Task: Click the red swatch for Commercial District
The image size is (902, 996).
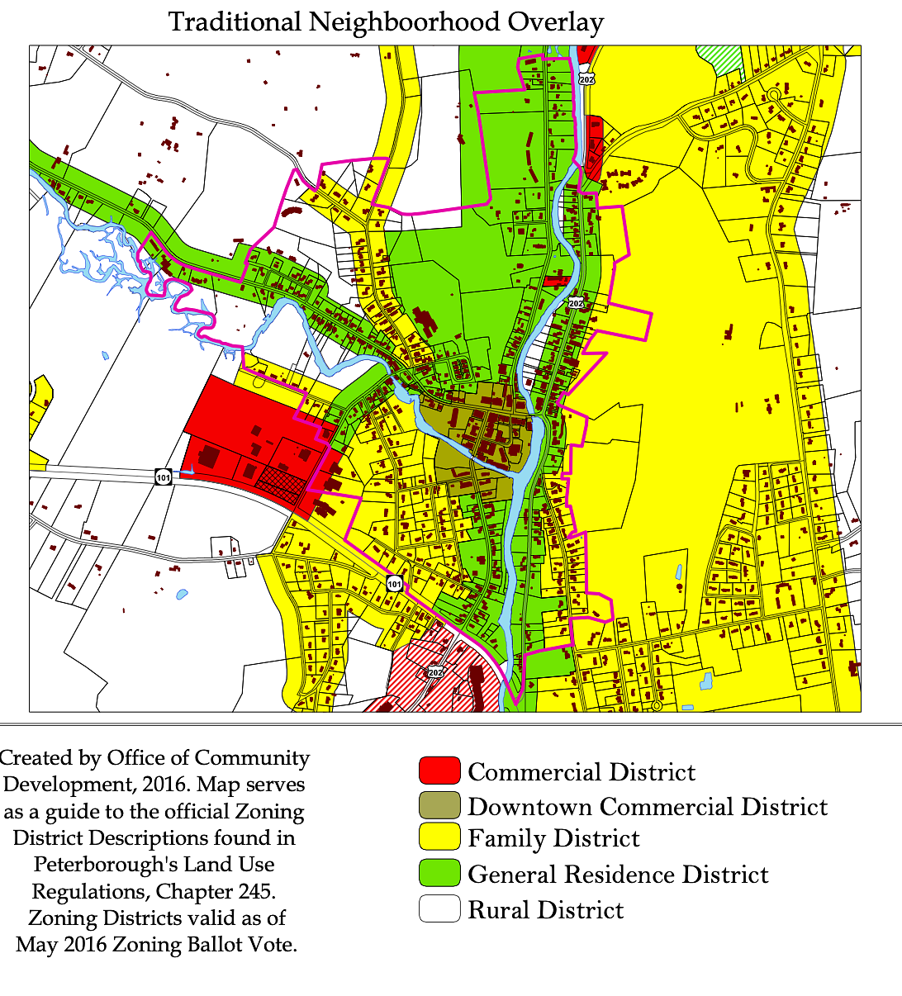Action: click(x=439, y=771)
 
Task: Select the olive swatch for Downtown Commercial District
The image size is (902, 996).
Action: click(x=439, y=805)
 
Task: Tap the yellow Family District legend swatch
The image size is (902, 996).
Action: click(x=439, y=838)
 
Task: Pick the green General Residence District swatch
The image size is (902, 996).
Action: click(x=439, y=874)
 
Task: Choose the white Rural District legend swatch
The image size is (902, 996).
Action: click(x=439, y=909)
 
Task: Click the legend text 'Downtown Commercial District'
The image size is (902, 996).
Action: click(x=648, y=806)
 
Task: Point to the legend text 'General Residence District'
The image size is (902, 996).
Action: click(x=618, y=875)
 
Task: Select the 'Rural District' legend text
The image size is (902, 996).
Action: click(x=546, y=910)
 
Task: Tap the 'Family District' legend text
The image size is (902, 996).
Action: click(x=553, y=839)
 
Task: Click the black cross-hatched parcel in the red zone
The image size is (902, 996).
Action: click(x=281, y=484)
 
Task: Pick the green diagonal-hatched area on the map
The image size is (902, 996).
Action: click(x=719, y=59)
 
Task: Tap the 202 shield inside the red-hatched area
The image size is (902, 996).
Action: click(x=435, y=672)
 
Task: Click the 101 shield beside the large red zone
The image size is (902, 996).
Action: click(x=163, y=477)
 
